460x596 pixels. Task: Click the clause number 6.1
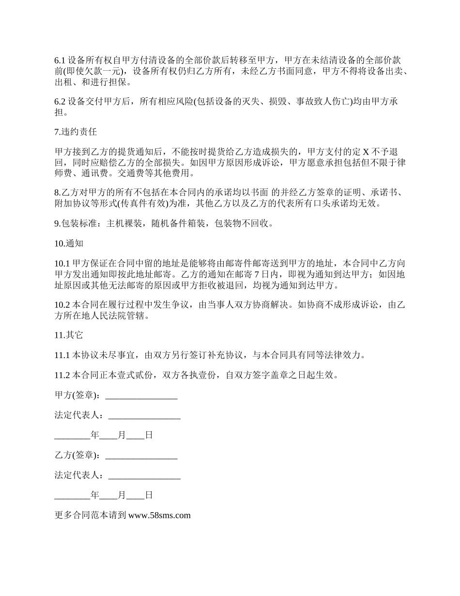[60, 61]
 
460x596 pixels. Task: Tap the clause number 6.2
[60, 102]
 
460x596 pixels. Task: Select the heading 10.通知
[69, 243]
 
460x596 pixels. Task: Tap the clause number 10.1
[62, 264]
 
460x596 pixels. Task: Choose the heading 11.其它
[69, 335]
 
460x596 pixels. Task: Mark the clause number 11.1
[62, 355]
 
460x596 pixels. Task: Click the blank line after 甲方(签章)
[141, 395]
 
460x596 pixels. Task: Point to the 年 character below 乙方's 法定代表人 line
[94, 495]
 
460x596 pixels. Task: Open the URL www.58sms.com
[160, 515]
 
